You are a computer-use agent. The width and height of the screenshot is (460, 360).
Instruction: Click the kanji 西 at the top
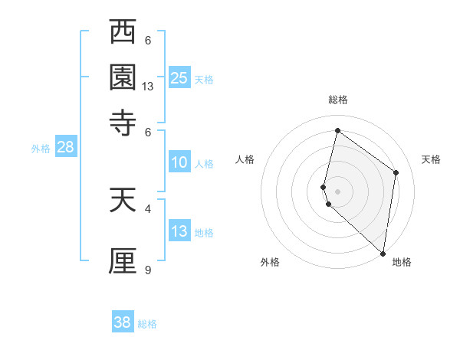(x=123, y=34)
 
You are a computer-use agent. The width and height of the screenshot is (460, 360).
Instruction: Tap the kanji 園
(x=123, y=78)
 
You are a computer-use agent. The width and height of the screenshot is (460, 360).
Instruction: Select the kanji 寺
(x=123, y=121)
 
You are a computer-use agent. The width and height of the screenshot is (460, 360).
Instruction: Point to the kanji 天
(x=123, y=201)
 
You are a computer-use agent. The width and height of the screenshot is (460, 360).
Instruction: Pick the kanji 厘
(x=123, y=260)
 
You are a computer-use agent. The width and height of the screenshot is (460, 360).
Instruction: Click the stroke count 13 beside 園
(x=148, y=87)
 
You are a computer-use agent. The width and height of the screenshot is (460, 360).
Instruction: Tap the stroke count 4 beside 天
(x=148, y=207)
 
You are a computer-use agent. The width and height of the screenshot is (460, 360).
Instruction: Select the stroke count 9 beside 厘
(x=148, y=270)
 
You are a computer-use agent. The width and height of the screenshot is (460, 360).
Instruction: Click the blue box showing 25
(x=179, y=77)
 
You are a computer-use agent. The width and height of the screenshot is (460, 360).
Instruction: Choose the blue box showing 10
(x=179, y=162)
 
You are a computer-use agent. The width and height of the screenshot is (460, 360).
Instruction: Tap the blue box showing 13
(x=179, y=231)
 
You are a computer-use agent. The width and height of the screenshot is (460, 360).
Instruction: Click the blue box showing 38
(x=123, y=322)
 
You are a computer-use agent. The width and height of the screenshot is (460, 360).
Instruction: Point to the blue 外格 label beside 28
(x=41, y=149)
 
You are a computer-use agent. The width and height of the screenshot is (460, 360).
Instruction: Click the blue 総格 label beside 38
(x=147, y=324)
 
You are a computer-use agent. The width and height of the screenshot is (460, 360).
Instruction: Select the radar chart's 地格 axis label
(x=402, y=263)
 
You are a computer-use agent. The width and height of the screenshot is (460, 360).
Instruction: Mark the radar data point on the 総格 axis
(x=337, y=131)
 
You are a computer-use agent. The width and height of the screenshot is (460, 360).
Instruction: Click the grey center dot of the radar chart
(x=337, y=191)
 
